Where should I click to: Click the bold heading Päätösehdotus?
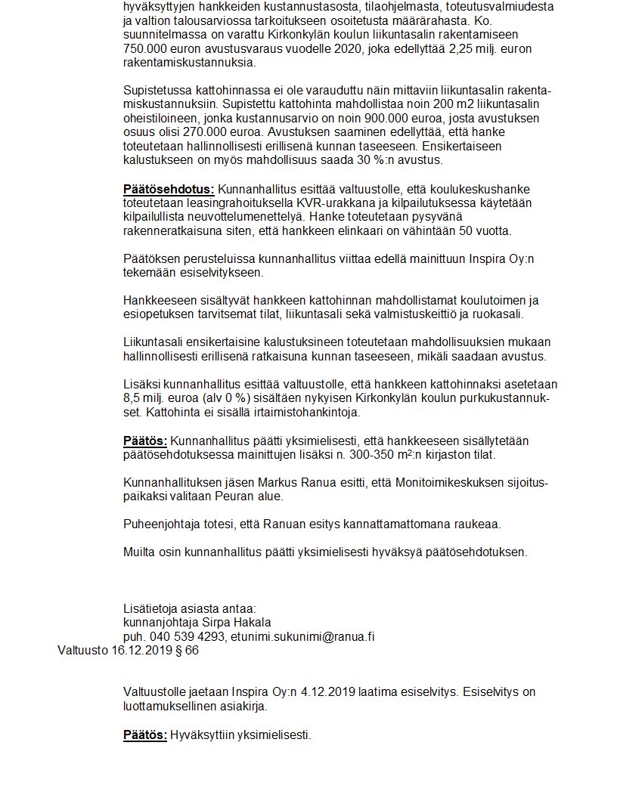pos(169,189)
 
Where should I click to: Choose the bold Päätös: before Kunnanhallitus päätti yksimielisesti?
pos(146,441)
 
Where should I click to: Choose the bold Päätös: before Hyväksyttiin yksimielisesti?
pos(145,735)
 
